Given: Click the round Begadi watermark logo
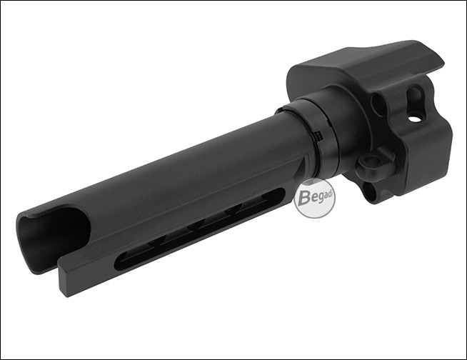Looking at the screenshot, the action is point(314,199).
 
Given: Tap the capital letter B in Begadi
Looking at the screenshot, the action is point(303,198).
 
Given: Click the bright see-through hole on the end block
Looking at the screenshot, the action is point(413,119).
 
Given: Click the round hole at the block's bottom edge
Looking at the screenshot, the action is point(371,191).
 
